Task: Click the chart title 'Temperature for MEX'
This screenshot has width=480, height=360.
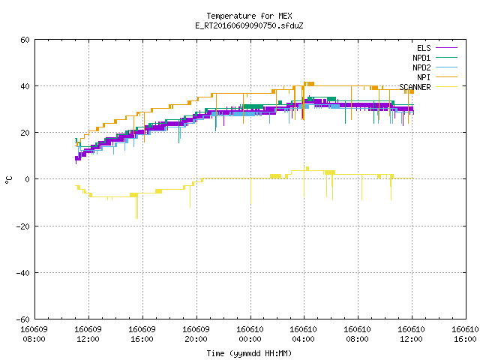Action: [249, 16]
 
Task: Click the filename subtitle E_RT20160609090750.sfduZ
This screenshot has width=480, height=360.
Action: [249, 25]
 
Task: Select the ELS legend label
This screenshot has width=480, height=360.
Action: [424, 48]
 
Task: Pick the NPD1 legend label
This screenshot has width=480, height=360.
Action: [421, 58]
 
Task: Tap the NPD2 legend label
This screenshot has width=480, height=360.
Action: [421, 67]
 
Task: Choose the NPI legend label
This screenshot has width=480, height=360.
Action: [424, 77]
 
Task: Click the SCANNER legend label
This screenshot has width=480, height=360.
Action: [415, 87]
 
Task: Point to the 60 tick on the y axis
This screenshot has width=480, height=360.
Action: [25, 40]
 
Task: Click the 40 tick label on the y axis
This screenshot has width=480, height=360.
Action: [25, 86]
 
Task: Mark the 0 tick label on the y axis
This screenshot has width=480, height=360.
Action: [27, 179]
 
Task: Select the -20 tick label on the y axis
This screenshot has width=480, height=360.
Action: [23, 226]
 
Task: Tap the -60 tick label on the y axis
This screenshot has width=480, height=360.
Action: [23, 319]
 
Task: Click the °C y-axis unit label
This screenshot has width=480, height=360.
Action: [8, 180]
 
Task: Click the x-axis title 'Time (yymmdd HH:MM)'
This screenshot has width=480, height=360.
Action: [249, 353]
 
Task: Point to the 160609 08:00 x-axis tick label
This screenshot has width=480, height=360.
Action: [34, 334]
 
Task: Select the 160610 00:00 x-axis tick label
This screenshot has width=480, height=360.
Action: [250, 334]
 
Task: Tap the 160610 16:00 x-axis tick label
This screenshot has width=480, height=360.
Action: [465, 334]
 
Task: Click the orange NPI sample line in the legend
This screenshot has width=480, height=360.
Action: [446, 77]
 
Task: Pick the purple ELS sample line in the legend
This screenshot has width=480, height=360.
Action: [446, 48]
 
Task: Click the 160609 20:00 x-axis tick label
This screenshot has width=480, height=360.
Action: [196, 334]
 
